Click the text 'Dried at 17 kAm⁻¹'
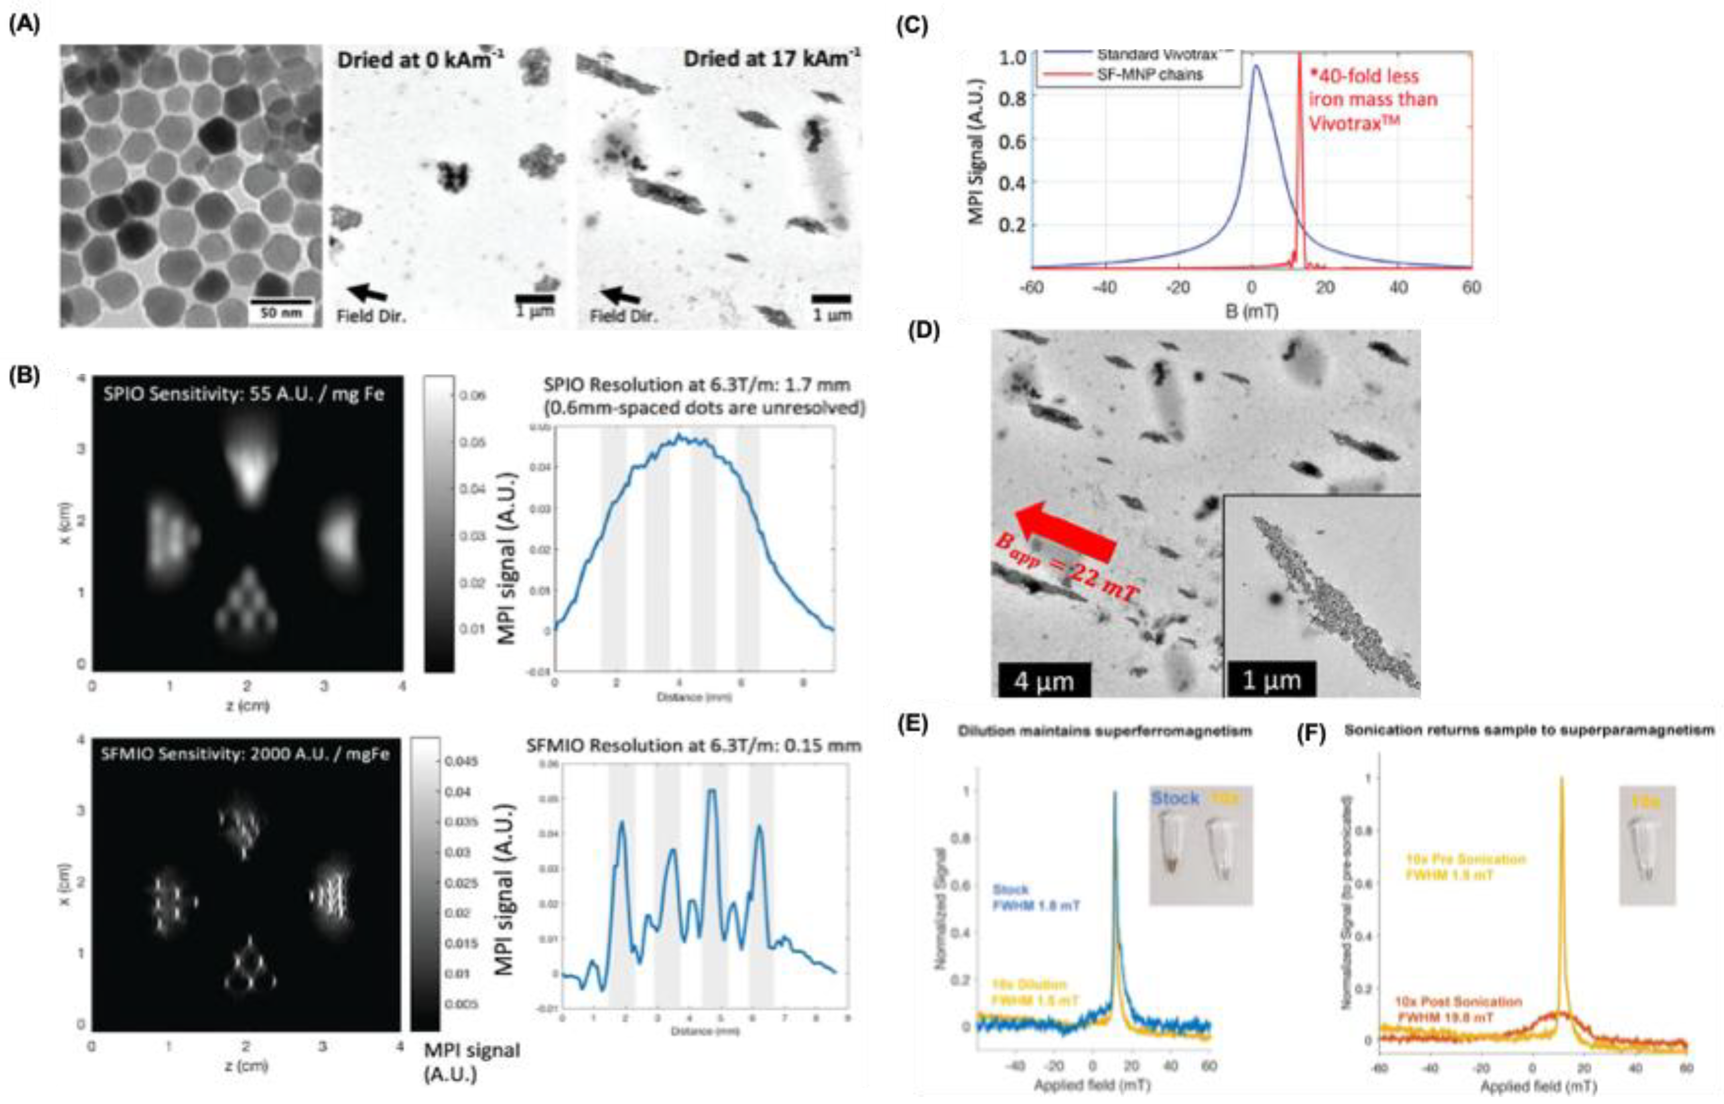(771, 59)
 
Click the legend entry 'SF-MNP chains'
(1149, 74)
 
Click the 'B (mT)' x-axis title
(1252, 312)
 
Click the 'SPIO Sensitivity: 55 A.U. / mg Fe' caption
(243, 394)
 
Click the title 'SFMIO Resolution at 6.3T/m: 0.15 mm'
(693, 746)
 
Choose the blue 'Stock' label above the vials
(1174, 798)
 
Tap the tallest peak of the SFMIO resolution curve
(711, 792)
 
